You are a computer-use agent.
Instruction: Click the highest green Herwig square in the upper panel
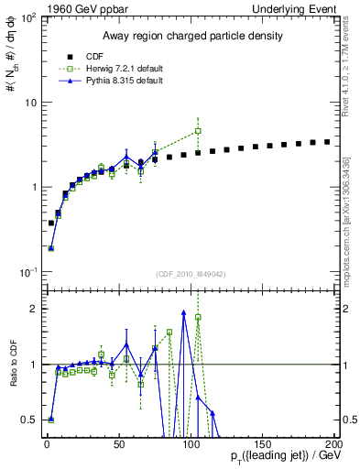tap(198, 131)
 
